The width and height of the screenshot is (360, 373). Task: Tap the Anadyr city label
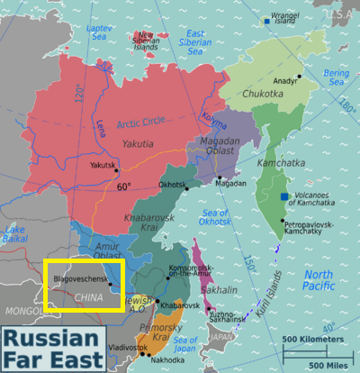click(x=285, y=80)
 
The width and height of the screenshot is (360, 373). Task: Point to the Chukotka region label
click(x=262, y=93)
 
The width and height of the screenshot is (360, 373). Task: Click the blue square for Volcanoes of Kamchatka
click(x=284, y=196)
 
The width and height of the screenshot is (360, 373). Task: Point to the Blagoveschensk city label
click(x=81, y=280)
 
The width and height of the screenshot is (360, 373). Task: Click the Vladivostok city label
click(x=103, y=347)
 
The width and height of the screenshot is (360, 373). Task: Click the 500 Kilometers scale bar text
click(x=312, y=340)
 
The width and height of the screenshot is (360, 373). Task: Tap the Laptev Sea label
click(x=100, y=33)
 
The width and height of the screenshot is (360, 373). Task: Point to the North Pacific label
click(x=319, y=280)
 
